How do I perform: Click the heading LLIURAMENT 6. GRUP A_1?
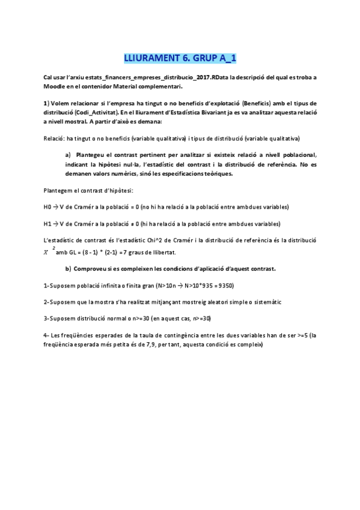180,58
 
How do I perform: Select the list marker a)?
69,156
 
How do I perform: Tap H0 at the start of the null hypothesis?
48,207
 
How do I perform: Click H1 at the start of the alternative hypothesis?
48,224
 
